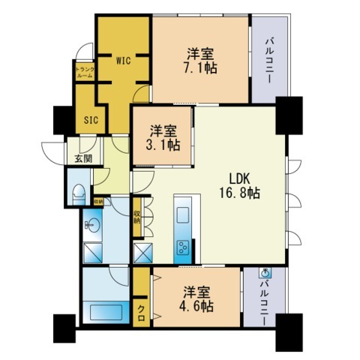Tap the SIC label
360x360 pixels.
click(91, 118)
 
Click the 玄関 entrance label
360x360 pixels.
click(82, 158)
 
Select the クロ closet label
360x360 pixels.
click(141, 309)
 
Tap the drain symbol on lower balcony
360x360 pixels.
click(263, 274)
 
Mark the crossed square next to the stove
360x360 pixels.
click(142, 251)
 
